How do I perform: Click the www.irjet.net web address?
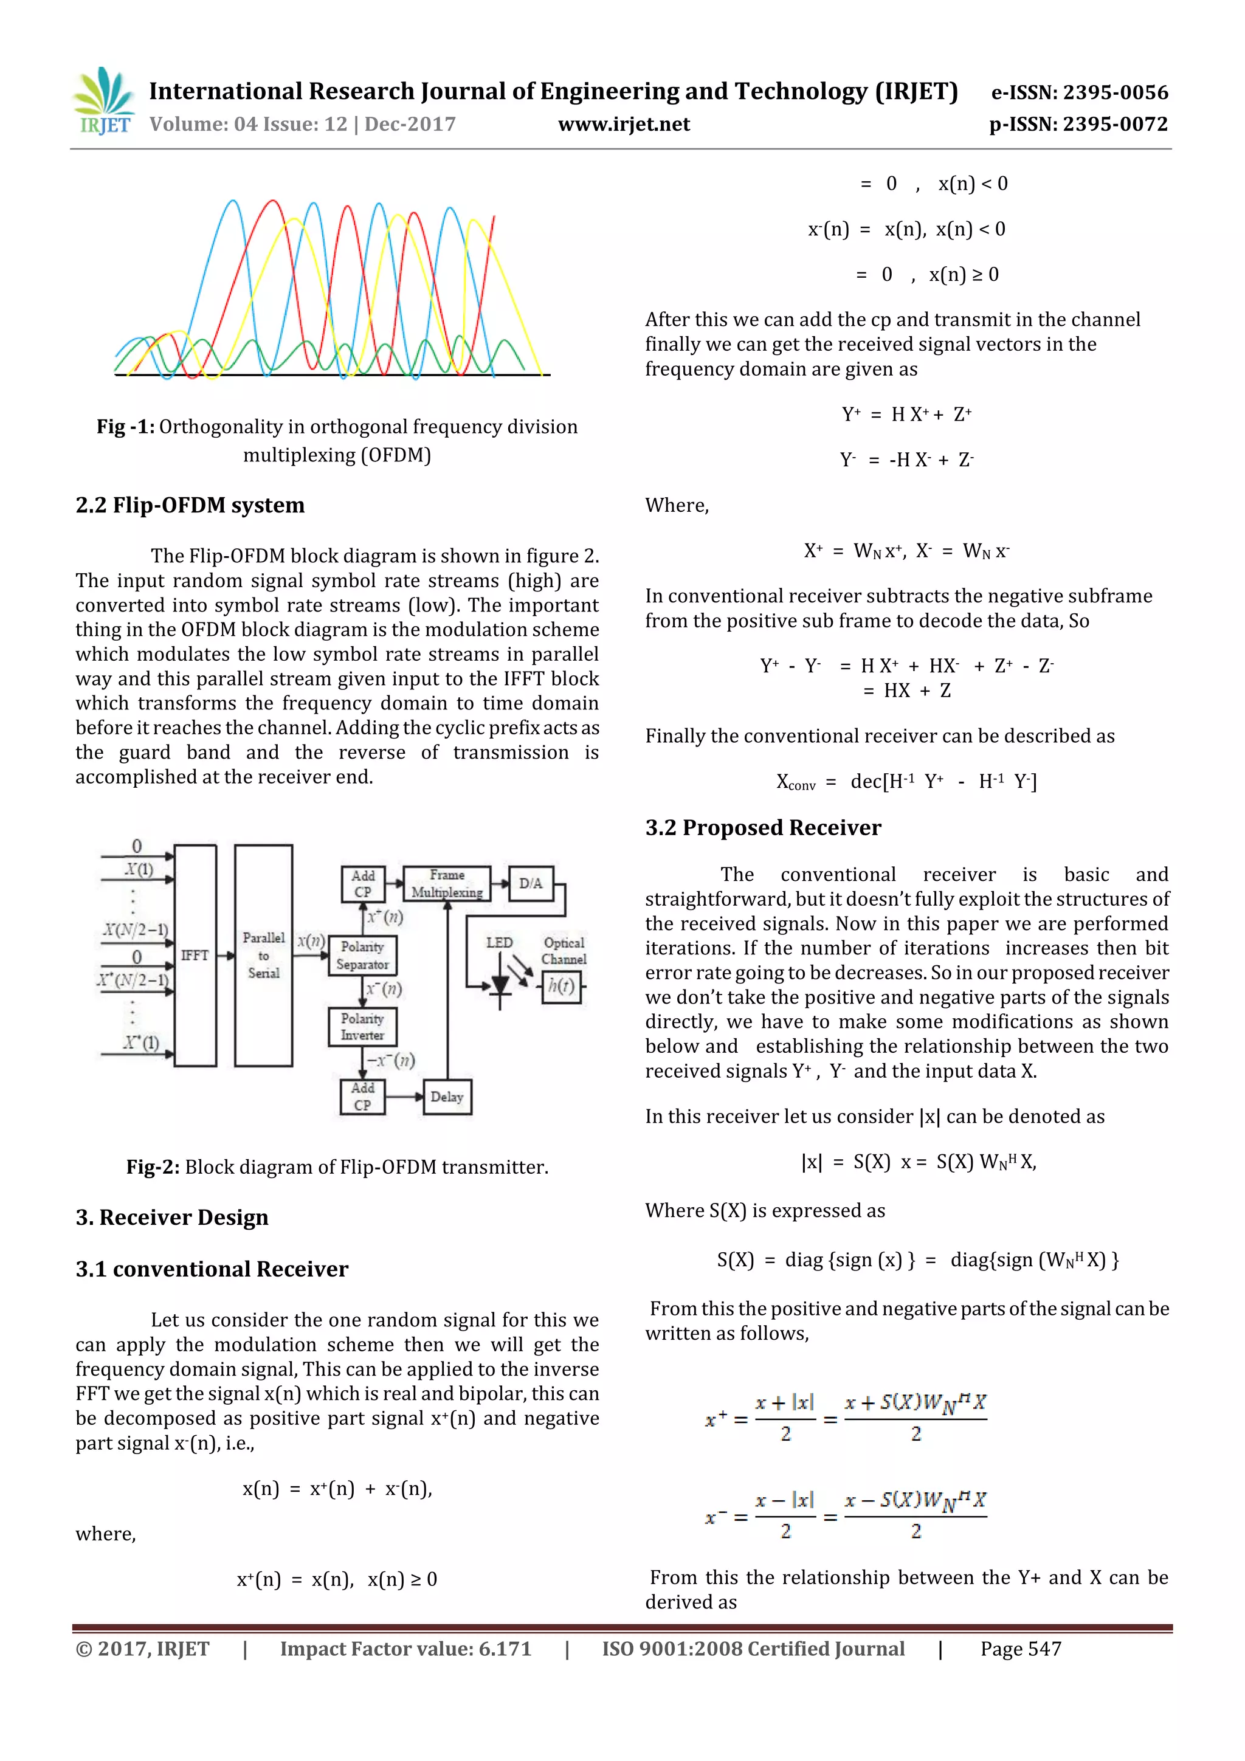tap(624, 124)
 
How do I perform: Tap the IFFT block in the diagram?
tap(195, 956)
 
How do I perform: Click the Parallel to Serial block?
tap(263, 956)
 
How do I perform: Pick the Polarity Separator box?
tap(362, 956)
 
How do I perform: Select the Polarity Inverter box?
tap(362, 1027)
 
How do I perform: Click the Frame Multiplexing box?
tap(447, 884)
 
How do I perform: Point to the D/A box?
tap(530, 884)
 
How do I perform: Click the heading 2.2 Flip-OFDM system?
tap(190, 505)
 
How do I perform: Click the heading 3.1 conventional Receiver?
tap(212, 1269)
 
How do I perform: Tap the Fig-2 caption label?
tap(153, 1167)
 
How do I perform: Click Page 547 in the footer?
tap(1020, 1649)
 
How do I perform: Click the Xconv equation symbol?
tap(796, 782)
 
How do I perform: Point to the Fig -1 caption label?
tap(125, 427)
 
